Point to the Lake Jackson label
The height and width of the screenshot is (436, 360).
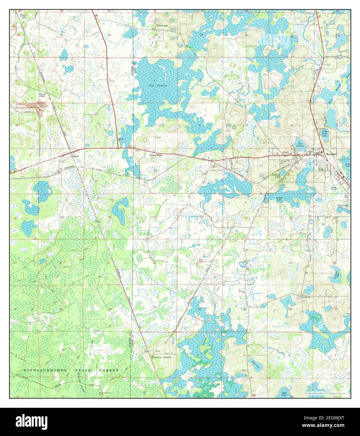[300, 145]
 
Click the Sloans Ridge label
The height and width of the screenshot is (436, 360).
[155, 155]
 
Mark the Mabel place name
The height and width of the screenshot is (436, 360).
[75, 156]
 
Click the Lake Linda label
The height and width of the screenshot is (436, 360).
[335, 189]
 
